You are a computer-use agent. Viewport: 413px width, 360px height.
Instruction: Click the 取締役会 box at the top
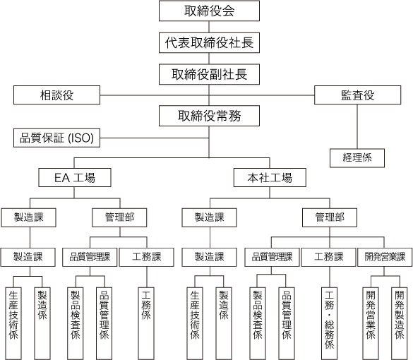[209, 11]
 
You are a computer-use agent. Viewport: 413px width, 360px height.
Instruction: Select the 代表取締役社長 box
[209, 42]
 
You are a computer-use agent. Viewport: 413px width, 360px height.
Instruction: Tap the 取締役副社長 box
[209, 74]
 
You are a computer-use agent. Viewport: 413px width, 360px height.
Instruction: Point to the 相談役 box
[57, 95]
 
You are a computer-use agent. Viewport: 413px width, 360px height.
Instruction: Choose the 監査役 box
[358, 95]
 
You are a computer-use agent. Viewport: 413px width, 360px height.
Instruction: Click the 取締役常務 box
[209, 116]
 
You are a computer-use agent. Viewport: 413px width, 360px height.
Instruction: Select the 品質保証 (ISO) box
[57, 138]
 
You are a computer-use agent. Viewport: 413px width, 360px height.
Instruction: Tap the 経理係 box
[357, 158]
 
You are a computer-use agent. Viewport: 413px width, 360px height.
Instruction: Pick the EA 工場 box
[75, 177]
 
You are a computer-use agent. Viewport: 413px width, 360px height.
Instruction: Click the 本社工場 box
[270, 177]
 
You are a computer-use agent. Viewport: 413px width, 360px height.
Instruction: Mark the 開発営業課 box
[385, 257]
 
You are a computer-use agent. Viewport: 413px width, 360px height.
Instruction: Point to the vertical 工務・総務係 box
[330, 323]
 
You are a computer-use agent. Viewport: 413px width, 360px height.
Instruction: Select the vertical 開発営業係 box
[371, 323]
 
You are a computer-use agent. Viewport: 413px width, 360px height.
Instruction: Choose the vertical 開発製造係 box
[400, 323]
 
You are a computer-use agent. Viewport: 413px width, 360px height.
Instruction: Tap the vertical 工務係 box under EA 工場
[146, 323]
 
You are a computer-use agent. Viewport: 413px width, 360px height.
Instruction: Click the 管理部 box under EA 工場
[119, 217]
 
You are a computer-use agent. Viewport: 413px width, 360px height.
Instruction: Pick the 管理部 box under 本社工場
[330, 217]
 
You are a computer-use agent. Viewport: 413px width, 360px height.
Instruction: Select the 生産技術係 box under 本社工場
[195, 323]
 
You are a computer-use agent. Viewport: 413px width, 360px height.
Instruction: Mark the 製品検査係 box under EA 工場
[76, 323]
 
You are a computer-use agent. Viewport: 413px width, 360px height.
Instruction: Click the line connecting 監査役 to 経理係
[357, 126]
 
